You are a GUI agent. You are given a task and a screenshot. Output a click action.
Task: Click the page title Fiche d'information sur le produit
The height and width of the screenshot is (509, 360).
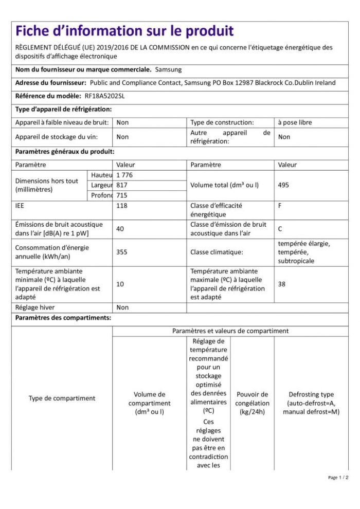click(x=124, y=31)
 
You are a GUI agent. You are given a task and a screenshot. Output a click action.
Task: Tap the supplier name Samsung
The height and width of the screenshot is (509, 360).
click(x=168, y=69)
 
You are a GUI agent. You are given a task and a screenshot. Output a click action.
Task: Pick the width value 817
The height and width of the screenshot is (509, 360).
click(x=122, y=185)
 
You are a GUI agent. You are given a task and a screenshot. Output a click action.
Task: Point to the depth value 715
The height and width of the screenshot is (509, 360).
click(x=122, y=195)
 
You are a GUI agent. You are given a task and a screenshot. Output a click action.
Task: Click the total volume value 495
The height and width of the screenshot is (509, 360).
click(x=284, y=185)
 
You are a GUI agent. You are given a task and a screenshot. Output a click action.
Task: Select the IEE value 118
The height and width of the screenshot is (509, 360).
click(x=122, y=205)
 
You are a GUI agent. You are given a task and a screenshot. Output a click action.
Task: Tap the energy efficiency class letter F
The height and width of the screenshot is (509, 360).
click(x=280, y=205)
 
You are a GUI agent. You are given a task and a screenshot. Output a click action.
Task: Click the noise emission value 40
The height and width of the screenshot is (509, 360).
click(x=120, y=229)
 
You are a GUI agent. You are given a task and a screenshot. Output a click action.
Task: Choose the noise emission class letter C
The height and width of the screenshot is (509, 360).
click(x=280, y=229)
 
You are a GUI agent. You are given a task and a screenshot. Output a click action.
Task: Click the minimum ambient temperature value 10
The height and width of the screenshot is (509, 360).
click(x=120, y=284)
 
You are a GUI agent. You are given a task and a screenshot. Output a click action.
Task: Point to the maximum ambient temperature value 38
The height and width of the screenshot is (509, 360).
click(x=282, y=284)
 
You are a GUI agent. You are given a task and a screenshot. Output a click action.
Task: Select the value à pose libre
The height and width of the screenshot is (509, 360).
click(x=295, y=122)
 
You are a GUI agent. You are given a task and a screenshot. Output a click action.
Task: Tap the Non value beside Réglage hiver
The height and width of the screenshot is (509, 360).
click(x=122, y=307)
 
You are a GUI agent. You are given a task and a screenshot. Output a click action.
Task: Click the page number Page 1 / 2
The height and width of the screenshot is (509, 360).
click(x=338, y=478)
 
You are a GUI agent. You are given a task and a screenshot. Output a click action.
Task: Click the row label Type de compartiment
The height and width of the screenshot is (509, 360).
click(x=62, y=398)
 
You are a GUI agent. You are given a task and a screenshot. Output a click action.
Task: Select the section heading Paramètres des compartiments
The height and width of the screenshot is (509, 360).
click(x=63, y=318)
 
